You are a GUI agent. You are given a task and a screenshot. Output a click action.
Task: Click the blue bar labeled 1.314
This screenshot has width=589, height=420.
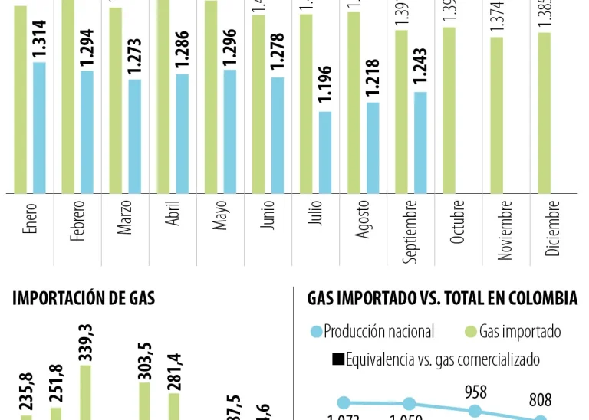tap(39, 127)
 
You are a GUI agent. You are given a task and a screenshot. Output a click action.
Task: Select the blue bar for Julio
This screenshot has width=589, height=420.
tap(325, 152)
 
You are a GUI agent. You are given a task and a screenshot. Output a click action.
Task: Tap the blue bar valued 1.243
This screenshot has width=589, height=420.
tap(420, 142)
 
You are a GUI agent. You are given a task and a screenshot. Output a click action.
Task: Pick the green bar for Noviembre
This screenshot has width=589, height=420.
tap(497, 114)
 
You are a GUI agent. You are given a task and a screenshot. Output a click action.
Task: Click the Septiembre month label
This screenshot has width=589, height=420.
tap(412, 231)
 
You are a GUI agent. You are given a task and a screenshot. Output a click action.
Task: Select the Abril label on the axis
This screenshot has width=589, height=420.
tap(173, 217)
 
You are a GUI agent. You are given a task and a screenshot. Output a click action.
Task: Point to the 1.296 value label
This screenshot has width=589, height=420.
tap(230, 47)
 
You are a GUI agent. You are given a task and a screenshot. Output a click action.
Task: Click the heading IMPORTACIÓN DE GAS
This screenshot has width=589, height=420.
tap(84, 299)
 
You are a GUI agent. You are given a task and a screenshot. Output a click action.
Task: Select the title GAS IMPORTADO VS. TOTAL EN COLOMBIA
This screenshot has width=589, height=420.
tap(442, 299)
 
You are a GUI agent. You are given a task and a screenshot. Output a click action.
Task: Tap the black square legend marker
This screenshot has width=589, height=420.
tap(337, 359)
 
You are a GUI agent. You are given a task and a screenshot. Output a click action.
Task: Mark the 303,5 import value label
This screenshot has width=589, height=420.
tap(144, 359)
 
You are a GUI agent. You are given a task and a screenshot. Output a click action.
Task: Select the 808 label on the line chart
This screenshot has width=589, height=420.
tap(540, 400)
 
